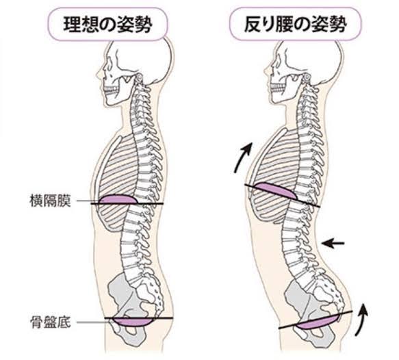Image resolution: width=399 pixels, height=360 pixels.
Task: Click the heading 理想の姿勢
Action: (107, 25)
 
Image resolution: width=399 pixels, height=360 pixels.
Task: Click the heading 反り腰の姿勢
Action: (295, 25)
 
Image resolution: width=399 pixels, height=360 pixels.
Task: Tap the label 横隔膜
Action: (50, 201)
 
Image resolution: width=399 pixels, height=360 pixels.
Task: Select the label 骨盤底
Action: (51, 322)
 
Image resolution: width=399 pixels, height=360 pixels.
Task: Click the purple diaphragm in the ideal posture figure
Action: (118, 199)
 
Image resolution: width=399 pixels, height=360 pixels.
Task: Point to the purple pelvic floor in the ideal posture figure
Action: (132, 322)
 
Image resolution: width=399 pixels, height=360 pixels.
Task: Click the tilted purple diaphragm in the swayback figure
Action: (276, 190)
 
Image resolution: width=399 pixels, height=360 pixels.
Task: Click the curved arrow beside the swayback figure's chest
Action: (242, 157)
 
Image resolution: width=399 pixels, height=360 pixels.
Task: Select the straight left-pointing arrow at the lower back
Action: (333, 244)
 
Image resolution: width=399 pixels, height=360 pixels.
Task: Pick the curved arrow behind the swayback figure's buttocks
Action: (363, 320)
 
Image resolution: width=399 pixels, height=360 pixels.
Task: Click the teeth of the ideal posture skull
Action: (112, 90)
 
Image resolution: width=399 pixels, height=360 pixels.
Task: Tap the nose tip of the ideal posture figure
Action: (97, 75)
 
